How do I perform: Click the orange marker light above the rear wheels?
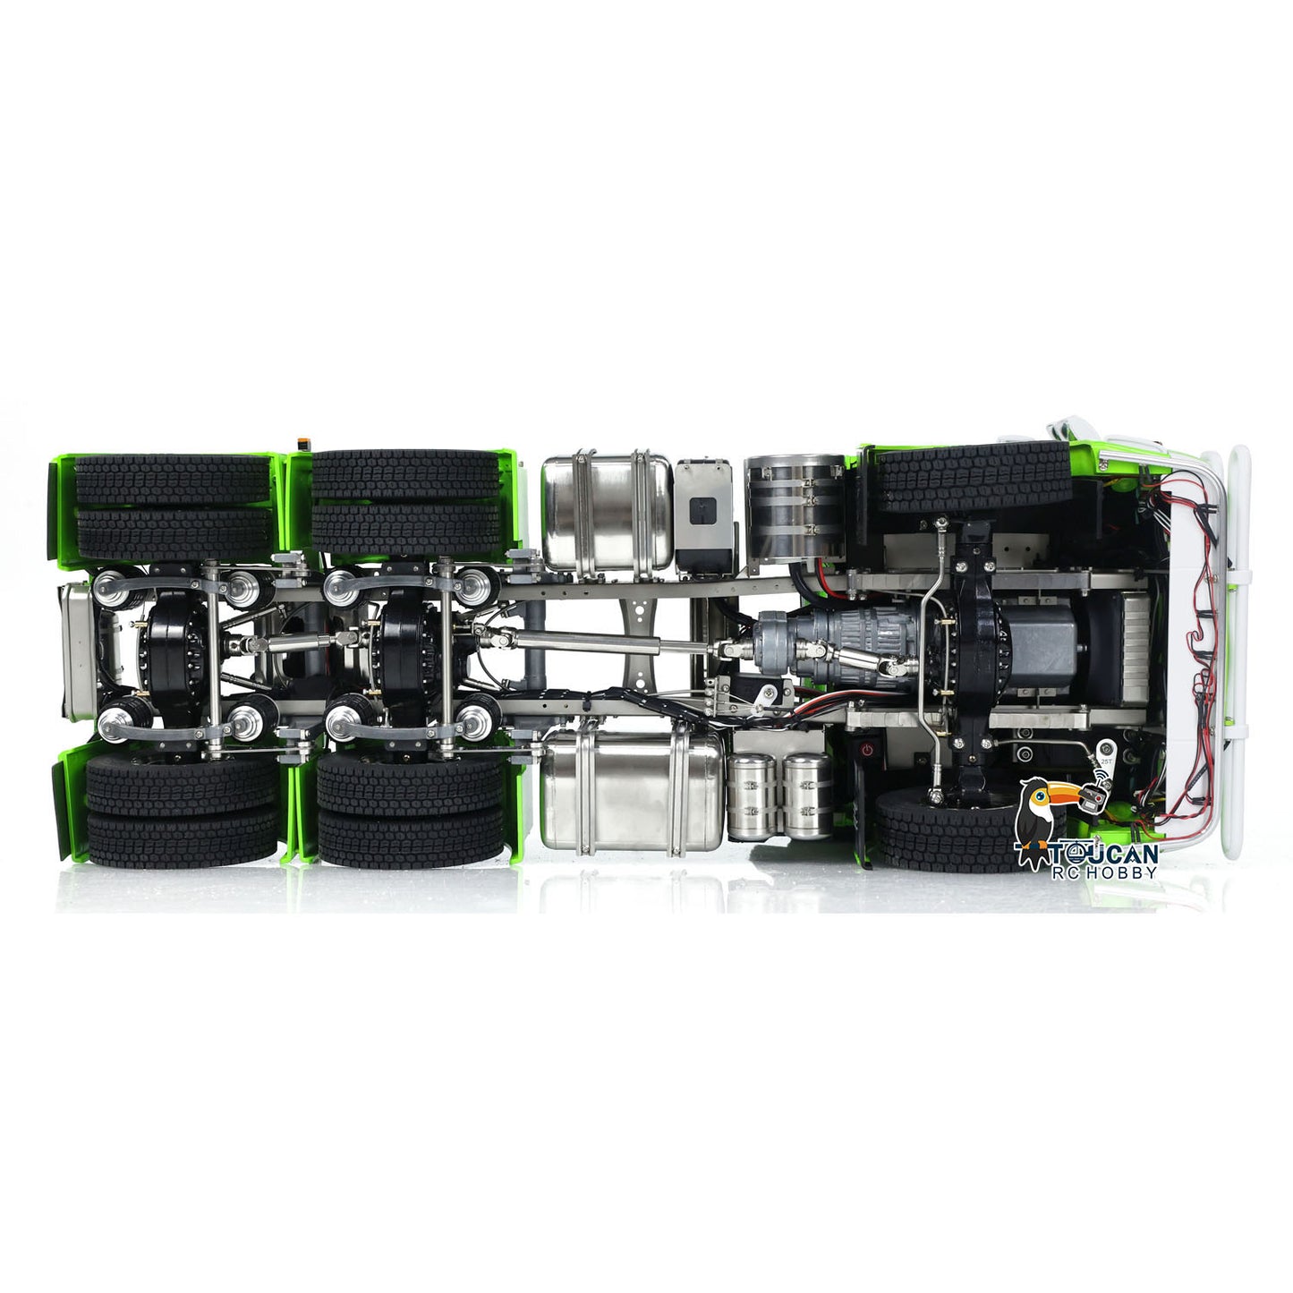301,444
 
